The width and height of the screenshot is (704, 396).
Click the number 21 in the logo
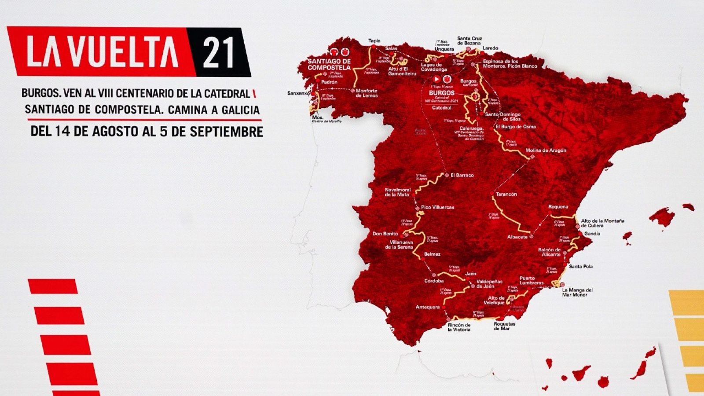pos(218,52)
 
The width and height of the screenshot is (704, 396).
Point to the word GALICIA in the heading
pos(240,110)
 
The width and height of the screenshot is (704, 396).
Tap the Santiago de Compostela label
pos(329,65)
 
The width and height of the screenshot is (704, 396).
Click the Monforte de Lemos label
pos(366,93)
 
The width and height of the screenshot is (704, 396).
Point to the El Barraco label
pos(462,175)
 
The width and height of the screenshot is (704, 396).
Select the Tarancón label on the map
pos(506,194)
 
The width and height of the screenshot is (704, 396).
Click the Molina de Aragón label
pos(546,150)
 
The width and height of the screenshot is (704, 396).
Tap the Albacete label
pos(517,237)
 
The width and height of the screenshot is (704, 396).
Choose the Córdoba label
pos(434,281)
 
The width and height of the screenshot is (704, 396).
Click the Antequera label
pos(427,307)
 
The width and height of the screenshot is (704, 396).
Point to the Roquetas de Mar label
pos(504,326)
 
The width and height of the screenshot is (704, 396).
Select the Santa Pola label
pos(581,266)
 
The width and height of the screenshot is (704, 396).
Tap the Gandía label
pos(592,234)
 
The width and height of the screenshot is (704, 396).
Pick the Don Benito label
pos(385,234)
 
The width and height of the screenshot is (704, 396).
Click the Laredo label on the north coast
pos(490,48)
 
